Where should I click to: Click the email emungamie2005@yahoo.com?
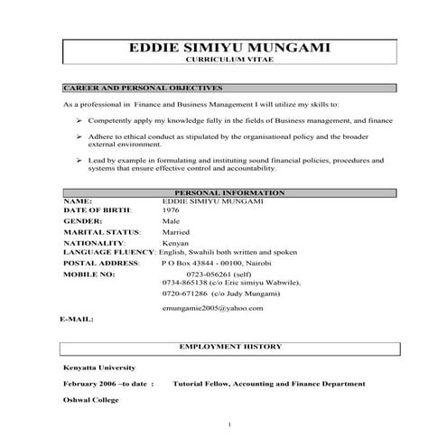point(212,308)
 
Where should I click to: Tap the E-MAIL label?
point(78,321)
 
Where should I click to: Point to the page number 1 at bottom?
point(231,425)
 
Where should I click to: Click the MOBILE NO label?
point(89,273)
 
